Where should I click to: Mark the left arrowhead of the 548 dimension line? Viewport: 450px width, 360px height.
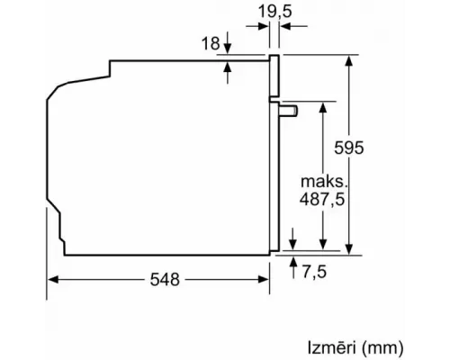click(52, 280)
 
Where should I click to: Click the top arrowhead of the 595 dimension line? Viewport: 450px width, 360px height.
click(348, 59)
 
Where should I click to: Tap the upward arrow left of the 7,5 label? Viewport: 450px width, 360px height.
click(295, 262)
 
